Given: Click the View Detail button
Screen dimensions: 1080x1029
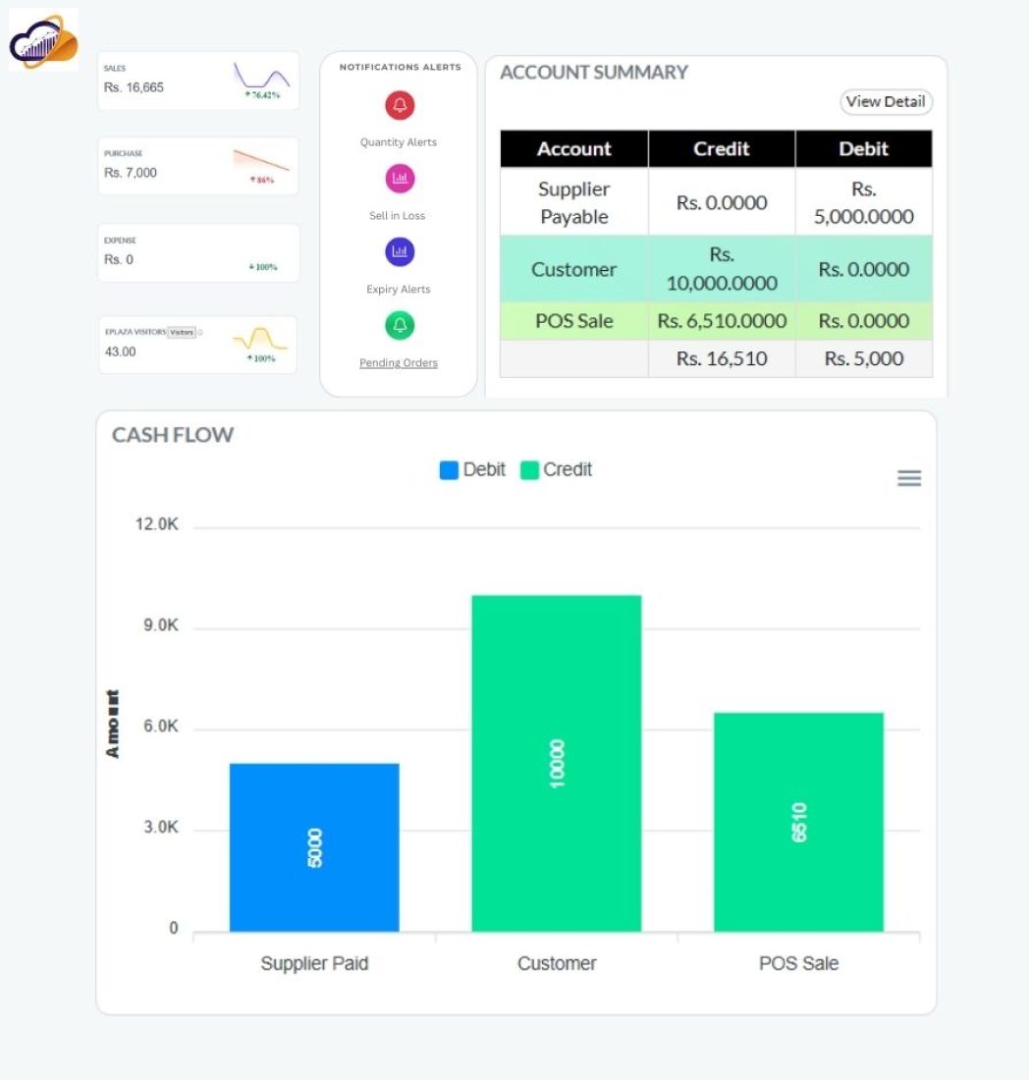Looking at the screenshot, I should click(885, 102).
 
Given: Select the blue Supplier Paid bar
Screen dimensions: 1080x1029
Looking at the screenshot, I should click(314, 846).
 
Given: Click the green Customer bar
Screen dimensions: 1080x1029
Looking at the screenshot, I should click(556, 763).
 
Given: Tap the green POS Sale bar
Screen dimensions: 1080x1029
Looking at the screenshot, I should click(798, 821).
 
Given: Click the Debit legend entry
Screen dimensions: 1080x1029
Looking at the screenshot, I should click(472, 470).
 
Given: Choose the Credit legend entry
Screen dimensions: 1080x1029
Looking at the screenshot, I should click(556, 470).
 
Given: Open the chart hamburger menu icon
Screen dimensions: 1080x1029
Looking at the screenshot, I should click(909, 478).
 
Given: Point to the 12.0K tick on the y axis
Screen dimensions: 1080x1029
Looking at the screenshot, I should click(157, 525).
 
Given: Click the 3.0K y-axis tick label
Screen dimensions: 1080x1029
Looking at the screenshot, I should click(161, 828).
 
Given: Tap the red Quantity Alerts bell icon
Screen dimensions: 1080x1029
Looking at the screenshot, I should click(400, 105).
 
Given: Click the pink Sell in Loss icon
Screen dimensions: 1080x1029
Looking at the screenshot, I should click(400, 179).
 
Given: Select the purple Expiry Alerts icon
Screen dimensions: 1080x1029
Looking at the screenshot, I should click(400, 252).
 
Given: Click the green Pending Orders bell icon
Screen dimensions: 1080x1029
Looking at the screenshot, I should click(400, 325).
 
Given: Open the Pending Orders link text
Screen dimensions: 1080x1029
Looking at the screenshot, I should click(399, 363).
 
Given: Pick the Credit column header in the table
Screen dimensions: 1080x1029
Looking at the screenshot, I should click(721, 149).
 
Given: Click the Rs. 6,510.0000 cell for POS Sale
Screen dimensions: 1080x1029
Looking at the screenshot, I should click(721, 321).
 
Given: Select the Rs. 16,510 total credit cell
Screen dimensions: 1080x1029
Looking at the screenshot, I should click(721, 358).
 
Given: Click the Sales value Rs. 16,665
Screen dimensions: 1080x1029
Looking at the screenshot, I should click(134, 87).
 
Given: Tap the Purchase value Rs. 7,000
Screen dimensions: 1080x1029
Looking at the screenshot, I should click(130, 173).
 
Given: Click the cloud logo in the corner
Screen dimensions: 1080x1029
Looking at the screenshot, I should click(43, 40).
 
